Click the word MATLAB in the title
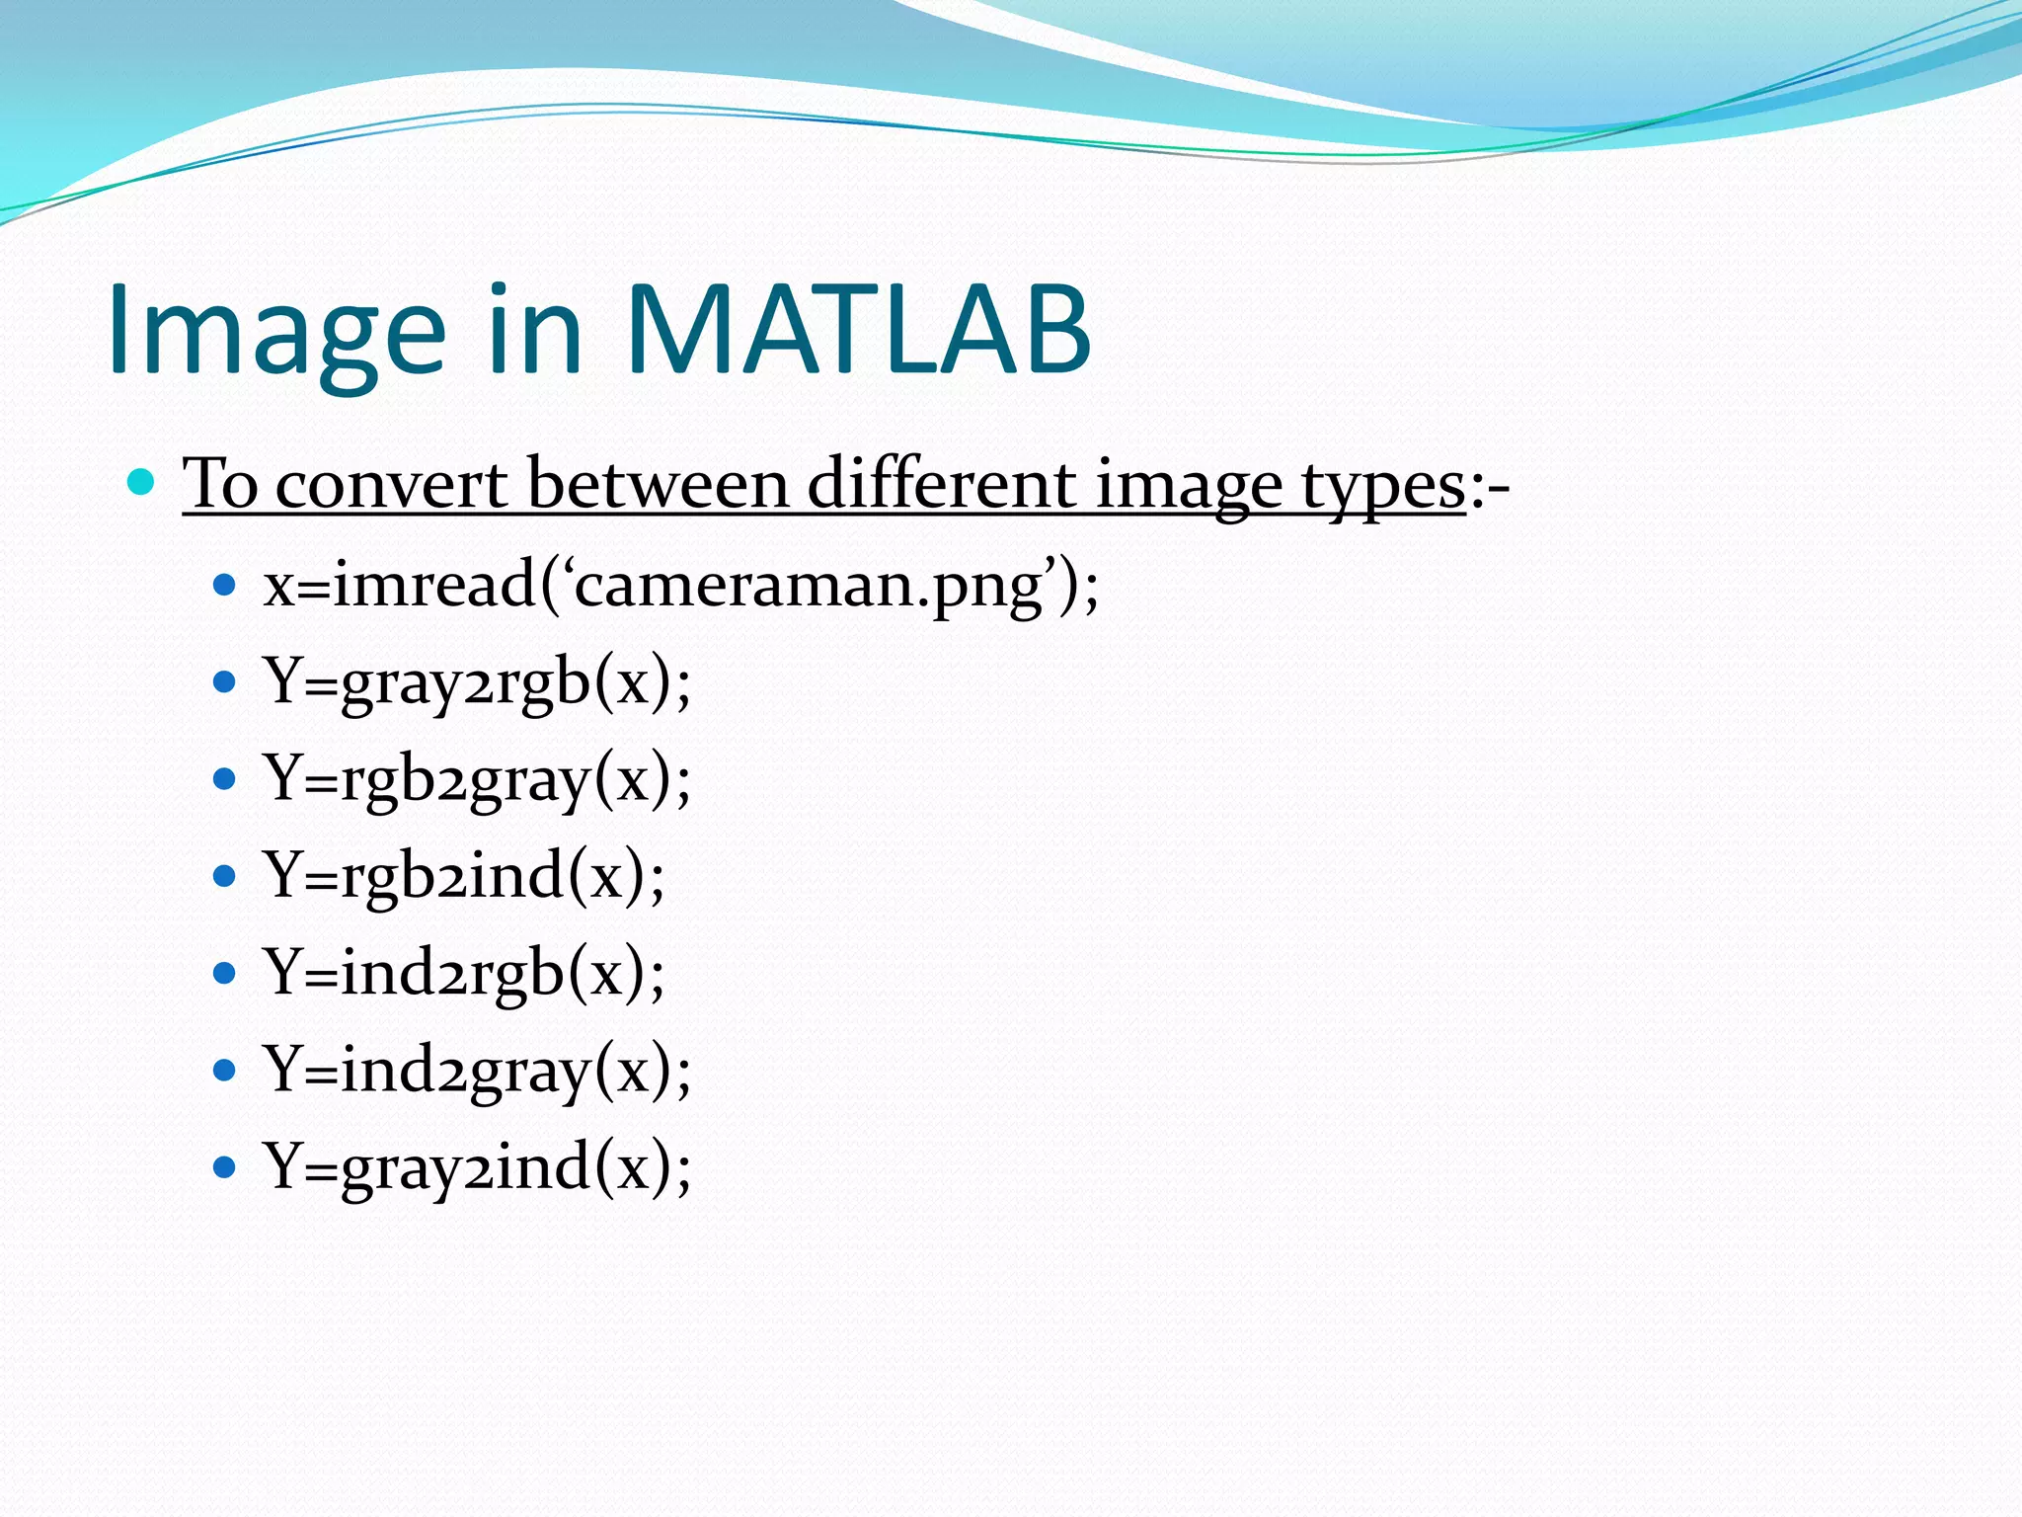pyautogui.click(x=857, y=331)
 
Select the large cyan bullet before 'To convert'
pyautogui.click(x=142, y=482)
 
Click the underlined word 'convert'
pyautogui.click(x=391, y=485)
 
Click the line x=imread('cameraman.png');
pyautogui.click(x=680, y=586)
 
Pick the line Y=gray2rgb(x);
pyautogui.click(x=477, y=682)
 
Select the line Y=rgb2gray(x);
pyautogui.click(x=477, y=779)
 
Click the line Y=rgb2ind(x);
pyautogui.click(x=464, y=876)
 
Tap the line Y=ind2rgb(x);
pyautogui.click(x=464, y=973)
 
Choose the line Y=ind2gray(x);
pyautogui.click(x=477, y=1070)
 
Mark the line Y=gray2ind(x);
pyautogui.click(x=477, y=1166)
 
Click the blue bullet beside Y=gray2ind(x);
pyautogui.click(x=225, y=1167)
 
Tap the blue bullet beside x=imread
pyautogui.click(x=225, y=586)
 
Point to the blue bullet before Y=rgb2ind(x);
pyautogui.click(x=225, y=876)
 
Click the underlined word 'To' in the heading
pyautogui.click(x=220, y=485)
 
